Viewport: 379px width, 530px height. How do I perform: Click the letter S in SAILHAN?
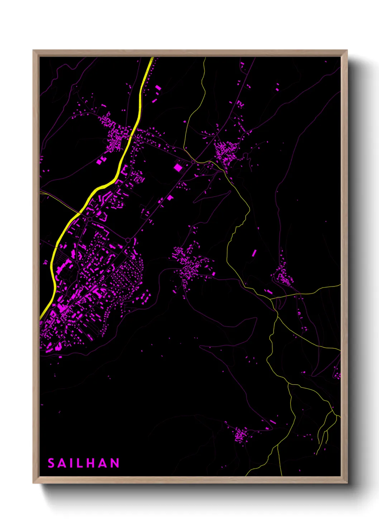[x=51, y=463]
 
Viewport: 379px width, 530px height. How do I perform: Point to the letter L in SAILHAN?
[x=80, y=463]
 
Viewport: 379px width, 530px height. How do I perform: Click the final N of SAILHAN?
[x=115, y=463]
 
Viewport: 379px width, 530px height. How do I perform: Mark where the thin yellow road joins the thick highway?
[x=80, y=213]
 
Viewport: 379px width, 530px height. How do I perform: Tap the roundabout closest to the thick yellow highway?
[x=90, y=218]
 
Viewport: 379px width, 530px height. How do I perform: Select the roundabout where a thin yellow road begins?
[x=193, y=162]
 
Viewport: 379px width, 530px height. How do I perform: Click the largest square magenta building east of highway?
[x=178, y=167]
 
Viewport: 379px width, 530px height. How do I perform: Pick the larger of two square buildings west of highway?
[x=99, y=162]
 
